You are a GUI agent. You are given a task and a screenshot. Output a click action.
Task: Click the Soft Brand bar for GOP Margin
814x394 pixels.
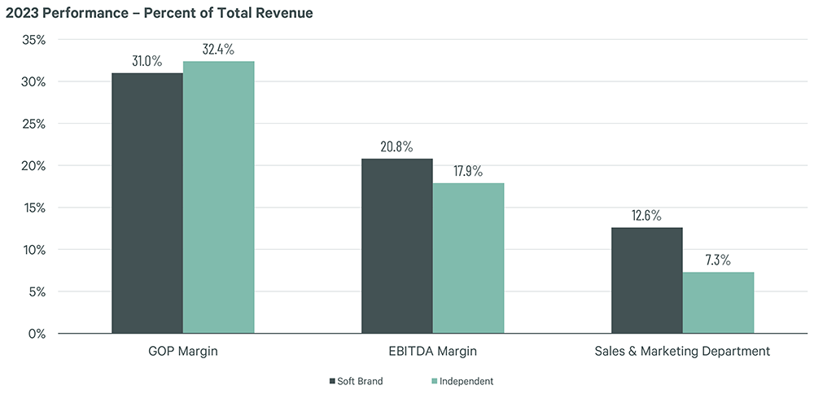click(x=147, y=203)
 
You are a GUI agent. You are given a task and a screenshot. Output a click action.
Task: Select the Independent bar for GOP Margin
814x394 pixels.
click(x=218, y=197)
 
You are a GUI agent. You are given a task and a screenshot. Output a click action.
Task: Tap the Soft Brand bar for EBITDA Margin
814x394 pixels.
click(x=397, y=246)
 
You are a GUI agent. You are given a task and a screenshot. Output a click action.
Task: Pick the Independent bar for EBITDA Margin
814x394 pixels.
click(x=468, y=258)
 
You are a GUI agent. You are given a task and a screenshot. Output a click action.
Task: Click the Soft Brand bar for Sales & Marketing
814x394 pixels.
click(x=647, y=280)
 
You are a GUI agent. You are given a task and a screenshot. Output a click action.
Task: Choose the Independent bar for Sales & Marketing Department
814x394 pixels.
click(x=718, y=302)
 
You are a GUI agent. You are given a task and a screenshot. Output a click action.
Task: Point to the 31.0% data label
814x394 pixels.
click(x=147, y=61)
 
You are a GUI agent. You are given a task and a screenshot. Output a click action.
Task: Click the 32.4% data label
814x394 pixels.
click(x=218, y=50)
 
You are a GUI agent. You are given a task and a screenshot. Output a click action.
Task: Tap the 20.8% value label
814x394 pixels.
click(x=397, y=147)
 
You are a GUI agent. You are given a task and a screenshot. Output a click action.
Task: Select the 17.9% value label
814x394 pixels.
click(x=468, y=171)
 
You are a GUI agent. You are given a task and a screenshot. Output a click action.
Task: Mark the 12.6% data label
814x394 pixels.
click(x=647, y=216)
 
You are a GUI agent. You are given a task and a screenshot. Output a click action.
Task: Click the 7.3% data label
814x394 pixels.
click(x=718, y=260)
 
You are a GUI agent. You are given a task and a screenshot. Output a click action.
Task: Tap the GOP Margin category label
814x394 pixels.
click(x=183, y=352)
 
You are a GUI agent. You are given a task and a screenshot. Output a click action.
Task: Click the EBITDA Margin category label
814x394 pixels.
click(x=432, y=352)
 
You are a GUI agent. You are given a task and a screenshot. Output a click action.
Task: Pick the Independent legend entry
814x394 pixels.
click(x=463, y=381)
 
